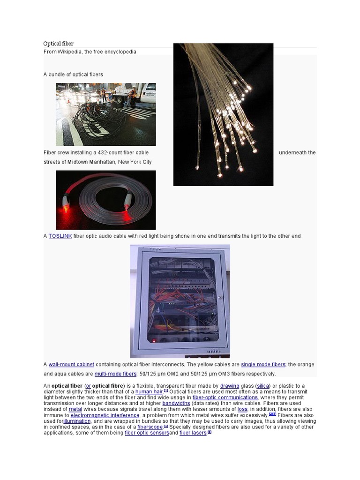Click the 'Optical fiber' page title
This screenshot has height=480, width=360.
pyautogui.click(x=59, y=44)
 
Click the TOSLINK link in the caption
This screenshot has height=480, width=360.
pyautogui.click(x=60, y=236)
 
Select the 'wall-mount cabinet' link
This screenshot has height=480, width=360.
pyautogui.click(x=71, y=365)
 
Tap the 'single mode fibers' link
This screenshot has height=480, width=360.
pyautogui.click(x=263, y=365)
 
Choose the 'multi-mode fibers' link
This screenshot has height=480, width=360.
pyautogui.click(x=115, y=374)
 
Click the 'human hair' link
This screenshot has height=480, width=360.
pyautogui.click(x=149, y=392)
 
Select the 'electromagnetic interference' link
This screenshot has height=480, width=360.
pyautogui.click(x=105, y=415)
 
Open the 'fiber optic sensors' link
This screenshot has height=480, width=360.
pyautogui.click(x=147, y=433)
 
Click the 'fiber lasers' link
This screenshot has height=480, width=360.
pyautogui.click(x=193, y=433)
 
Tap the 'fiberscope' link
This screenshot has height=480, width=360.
pyautogui.click(x=150, y=427)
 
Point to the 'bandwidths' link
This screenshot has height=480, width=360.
pyautogui.click(x=176, y=404)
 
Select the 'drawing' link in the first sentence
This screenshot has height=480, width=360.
pyautogui.click(x=230, y=386)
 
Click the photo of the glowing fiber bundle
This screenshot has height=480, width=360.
pyautogui.click(x=223, y=114)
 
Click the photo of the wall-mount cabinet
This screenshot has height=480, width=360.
pyautogui.click(x=180, y=301)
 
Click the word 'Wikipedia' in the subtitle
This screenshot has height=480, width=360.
pyautogui.click(x=69, y=52)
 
